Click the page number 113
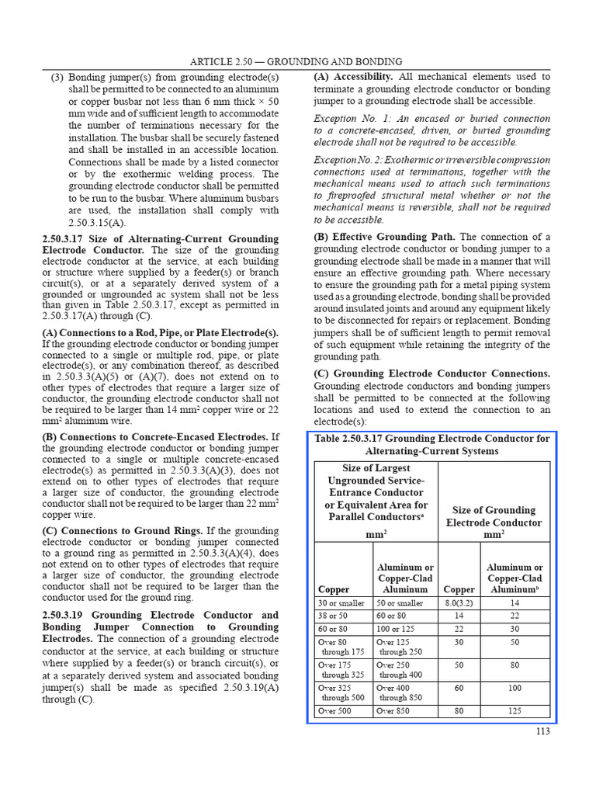tap(542, 731)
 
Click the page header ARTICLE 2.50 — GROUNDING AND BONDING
tap(297, 61)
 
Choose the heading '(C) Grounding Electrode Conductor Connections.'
tap(431, 373)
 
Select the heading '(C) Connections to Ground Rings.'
tap(122, 530)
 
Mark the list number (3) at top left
tap(57, 78)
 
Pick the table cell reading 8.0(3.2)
tap(459, 602)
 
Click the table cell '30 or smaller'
tap(341, 602)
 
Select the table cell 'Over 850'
tap(395, 710)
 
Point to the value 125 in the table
tap(515, 710)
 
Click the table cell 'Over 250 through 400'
tap(400, 670)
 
